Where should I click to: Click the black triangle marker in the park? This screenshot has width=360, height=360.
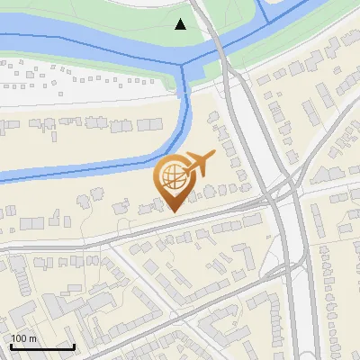point(181,24)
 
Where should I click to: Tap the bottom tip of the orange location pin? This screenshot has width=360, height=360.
point(174,211)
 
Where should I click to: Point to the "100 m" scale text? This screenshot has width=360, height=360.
point(23,338)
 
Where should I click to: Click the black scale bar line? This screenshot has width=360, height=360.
point(42,346)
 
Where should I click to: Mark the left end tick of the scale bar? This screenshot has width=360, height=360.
point(10,345)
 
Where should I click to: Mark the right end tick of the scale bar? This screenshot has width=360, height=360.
point(75,345)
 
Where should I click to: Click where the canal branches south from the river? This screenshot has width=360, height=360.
point(186,68)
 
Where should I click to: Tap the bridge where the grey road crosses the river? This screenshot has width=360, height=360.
point(217,44)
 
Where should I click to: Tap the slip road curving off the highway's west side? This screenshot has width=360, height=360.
point(270,261)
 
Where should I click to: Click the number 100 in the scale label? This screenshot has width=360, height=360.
point(18,338)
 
